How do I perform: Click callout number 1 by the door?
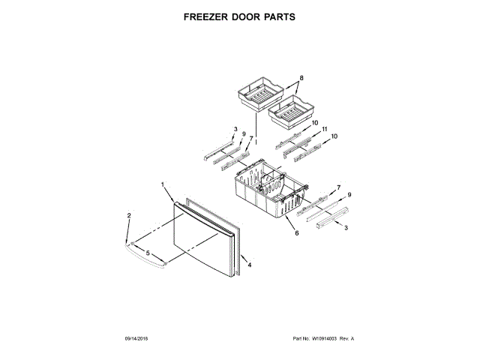pos(162,184)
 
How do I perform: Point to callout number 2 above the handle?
pos(129,217)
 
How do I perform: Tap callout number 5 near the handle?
pos(148,253)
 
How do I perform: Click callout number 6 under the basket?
pos(297,233)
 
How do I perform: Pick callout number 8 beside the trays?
pos(301,79)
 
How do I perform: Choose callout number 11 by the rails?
pos(325,130)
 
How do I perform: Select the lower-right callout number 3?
pos(345,227)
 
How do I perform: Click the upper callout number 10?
pos(314,122)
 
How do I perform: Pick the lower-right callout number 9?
pos(349,195)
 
